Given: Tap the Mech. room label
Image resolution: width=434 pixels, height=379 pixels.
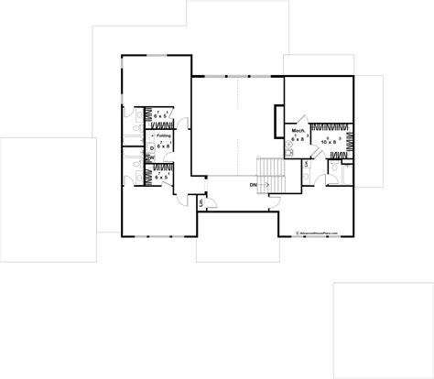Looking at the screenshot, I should point(298,131).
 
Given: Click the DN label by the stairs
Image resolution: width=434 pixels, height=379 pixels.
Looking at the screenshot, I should point(252,184).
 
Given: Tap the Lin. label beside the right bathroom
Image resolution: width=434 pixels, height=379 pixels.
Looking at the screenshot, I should point(306,164).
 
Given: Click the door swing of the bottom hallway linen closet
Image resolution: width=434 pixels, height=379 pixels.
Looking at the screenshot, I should point(207,194).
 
